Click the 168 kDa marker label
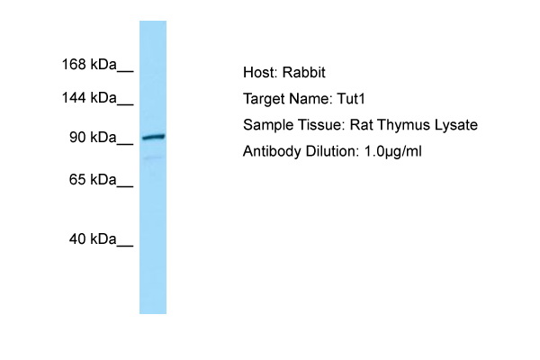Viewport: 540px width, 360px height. pyautogui.click(x=89, y=65)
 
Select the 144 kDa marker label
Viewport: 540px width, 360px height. pyautogui.click(x=89, y=98)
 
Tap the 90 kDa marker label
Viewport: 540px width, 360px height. pyautogui.click(x=93, y=138)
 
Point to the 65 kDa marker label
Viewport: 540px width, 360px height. pyautogui.click(x=93, y=179)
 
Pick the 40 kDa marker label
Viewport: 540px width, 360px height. pyautogui.click(x=93, y=238)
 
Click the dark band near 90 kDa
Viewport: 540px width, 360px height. pyautogui.click(x=154, y=137)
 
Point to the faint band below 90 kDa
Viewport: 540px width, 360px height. pyautogui.click(x=153, y=157)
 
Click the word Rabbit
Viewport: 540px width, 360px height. pyautogui.click(x=304, y=72)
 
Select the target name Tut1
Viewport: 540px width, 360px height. pyautogui.click(x=351, y=99)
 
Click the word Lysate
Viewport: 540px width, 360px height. pyautogui.click(x=456, y=125)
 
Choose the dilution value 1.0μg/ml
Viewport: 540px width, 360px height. pyautogui.click(x=392, y=151)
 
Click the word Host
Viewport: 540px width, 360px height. pyautogui.click(x=260, y=72)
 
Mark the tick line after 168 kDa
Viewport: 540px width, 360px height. pyautogui.click(x=125, y=71)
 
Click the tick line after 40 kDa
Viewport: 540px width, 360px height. pyautogui.click(x=125, y=246)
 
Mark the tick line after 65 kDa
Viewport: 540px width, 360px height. pyautogui.click(x=125, y=186)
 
